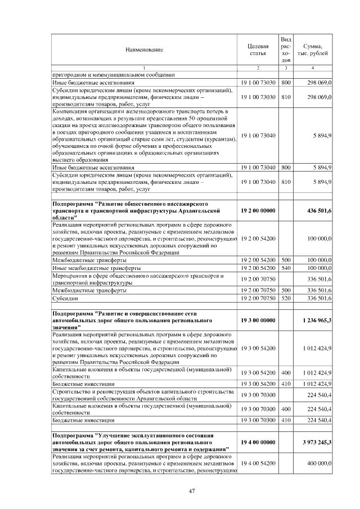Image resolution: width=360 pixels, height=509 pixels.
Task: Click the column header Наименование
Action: (x=144, y=49)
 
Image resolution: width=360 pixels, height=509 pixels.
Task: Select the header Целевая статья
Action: (x=258, y=49)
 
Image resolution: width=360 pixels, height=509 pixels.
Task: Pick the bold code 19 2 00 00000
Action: (x=258, y=209)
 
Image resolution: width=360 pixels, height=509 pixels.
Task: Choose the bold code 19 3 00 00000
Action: (x=258, y=320)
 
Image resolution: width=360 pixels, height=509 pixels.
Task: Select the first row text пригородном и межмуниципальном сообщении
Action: (x=113, y=74)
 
